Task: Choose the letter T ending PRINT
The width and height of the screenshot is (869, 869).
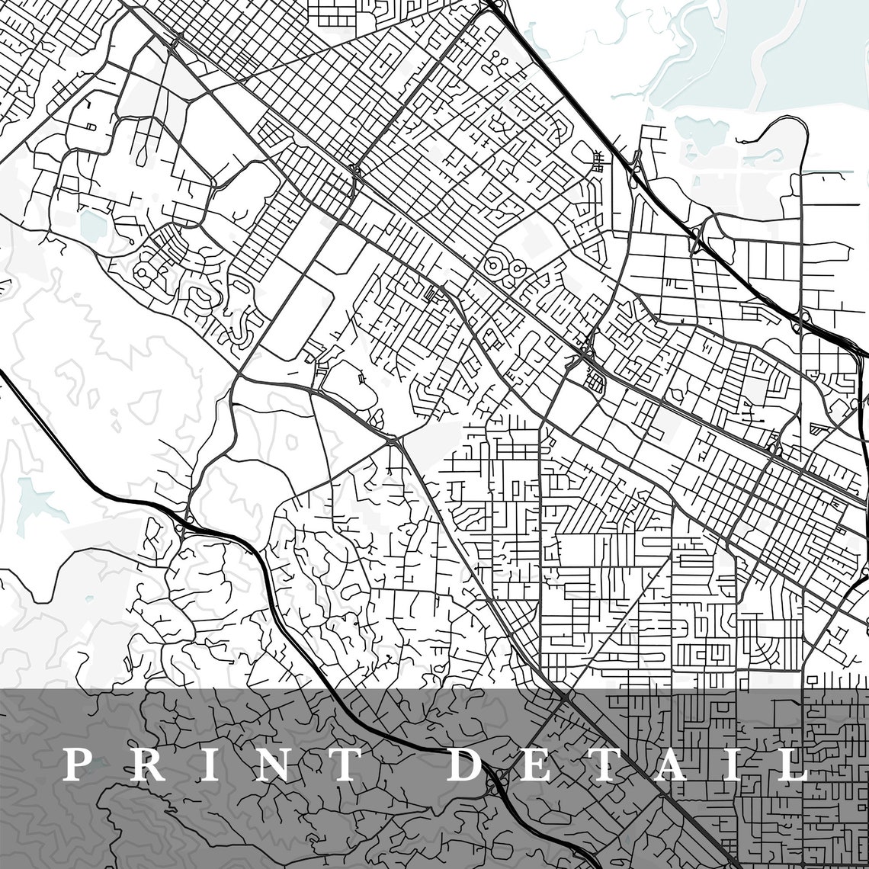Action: [340, 765]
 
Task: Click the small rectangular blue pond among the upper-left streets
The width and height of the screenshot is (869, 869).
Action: [93, 223]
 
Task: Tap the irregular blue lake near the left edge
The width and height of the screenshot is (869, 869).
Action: [35, 499]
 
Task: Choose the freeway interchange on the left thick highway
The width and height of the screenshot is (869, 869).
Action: [185, 524]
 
